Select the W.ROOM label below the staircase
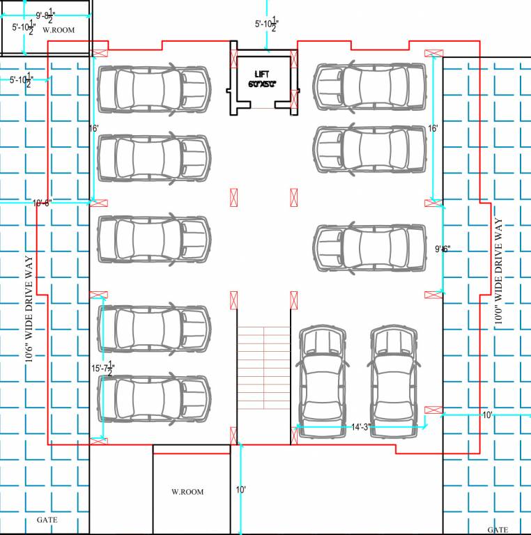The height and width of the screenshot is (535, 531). click(187, 492)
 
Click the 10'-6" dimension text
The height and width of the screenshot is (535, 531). click(42, 203)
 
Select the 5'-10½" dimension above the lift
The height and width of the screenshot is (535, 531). click(267, 24)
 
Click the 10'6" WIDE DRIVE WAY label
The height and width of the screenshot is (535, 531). click(30, 318)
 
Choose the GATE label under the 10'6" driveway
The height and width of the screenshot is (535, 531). click(47, 520)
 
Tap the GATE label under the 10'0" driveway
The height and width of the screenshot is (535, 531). click(498, 529)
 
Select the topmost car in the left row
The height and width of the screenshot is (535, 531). click(153, 89)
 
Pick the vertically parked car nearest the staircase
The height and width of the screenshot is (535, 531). click(321, 382)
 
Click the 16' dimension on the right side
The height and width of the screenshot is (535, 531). click(433, 129)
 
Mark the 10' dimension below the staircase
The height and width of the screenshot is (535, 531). click(240, 490)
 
